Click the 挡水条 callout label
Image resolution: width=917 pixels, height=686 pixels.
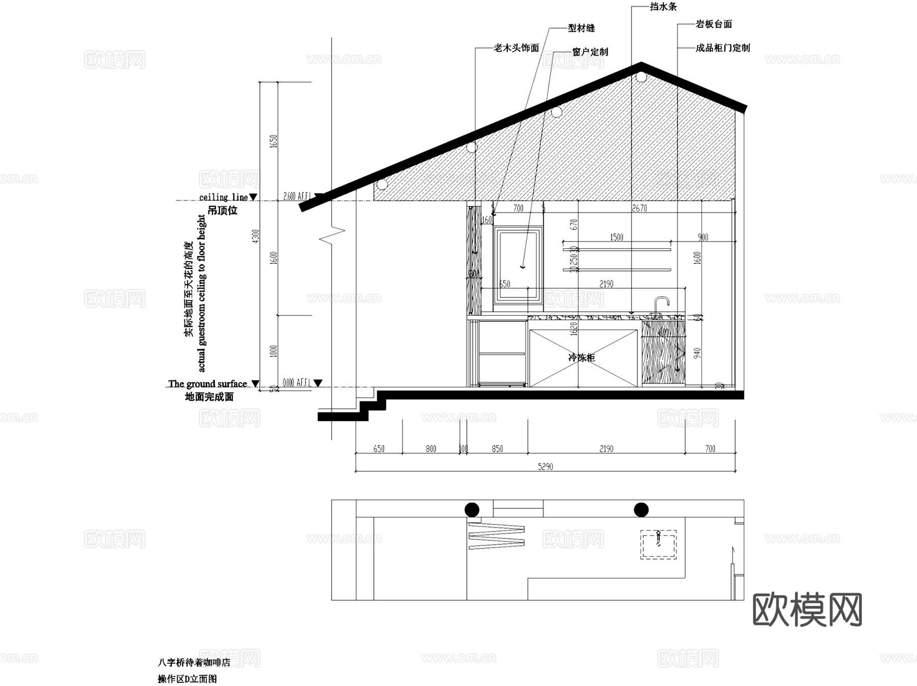(663, 7)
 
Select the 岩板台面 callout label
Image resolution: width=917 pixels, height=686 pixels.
(714, 24)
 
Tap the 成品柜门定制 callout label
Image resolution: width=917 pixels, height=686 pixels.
(722, 48)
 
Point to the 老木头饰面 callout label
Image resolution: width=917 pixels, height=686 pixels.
(516, 48)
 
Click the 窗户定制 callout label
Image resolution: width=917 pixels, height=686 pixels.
(590, 52)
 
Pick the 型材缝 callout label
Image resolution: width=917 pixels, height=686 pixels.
(581, 28)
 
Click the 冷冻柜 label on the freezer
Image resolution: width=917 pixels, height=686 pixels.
(581, 358)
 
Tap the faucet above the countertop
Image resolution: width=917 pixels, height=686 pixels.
(660, 304)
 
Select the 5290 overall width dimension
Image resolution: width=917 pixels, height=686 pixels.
(545, 467)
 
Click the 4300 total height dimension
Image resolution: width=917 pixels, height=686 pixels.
(256, 236)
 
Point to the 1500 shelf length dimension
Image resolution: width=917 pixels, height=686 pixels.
(616, 237)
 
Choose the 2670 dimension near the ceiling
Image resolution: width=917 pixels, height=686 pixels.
(639, 208)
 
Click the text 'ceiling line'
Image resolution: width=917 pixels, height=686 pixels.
(223, 197)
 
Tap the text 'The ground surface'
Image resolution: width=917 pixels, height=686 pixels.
(207, 383)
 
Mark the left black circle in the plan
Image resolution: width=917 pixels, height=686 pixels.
(472, 509)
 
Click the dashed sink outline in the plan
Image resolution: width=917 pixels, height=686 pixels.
(658, 544)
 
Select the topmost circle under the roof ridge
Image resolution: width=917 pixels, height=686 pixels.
(640, 77)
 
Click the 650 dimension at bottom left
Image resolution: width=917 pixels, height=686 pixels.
(379, 449)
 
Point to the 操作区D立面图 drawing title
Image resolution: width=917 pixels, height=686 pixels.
(187, 679)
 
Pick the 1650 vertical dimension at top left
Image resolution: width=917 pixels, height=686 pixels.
(273, 141)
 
